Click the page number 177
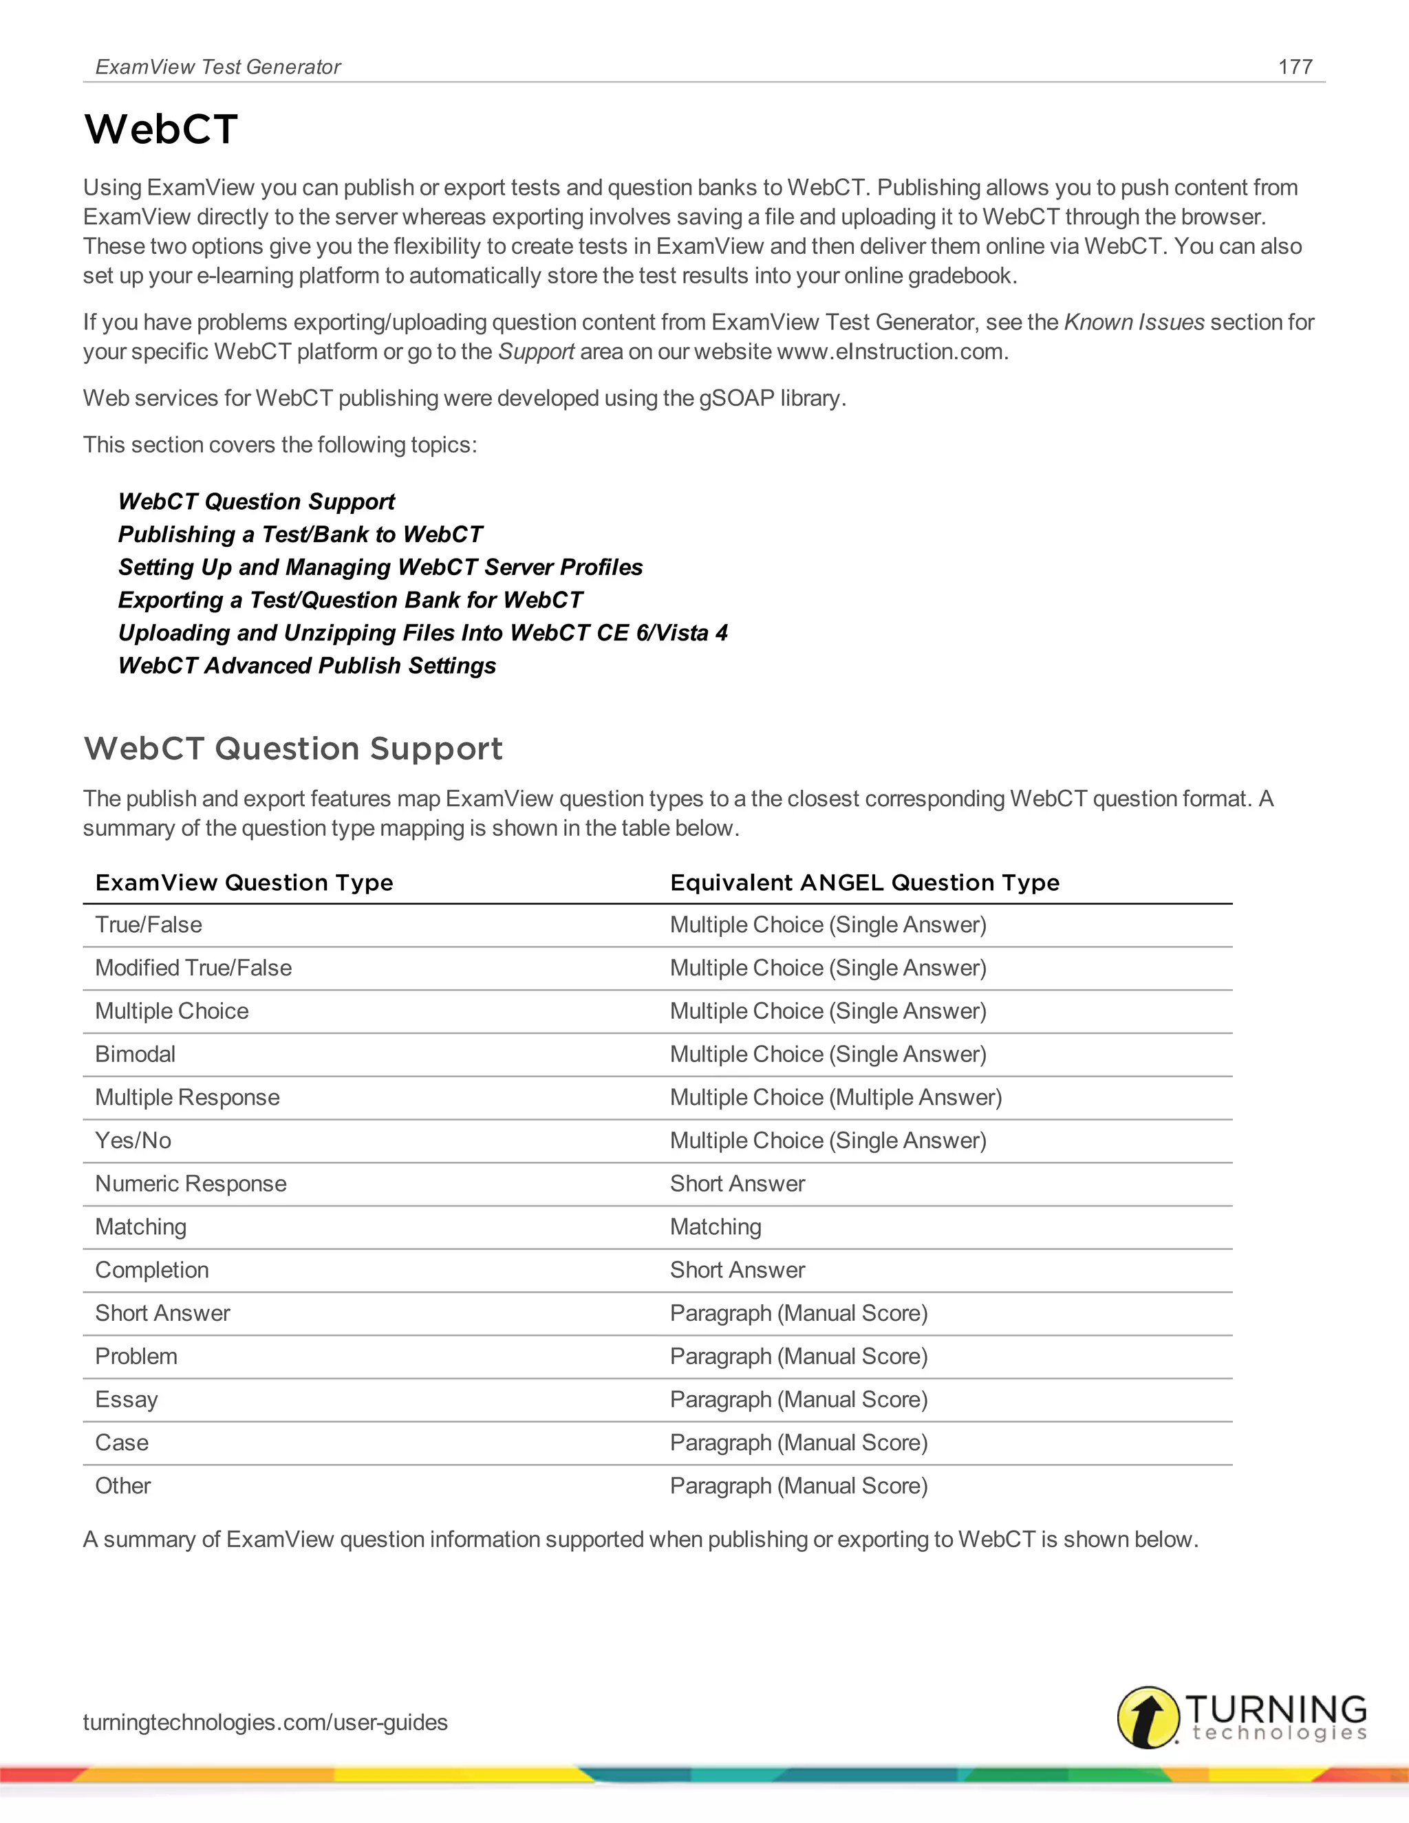pos(1295,67)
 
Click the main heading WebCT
pos(161,129)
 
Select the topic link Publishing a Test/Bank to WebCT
pos(301,535)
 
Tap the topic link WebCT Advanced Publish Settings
pos(307,665)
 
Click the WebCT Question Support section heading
pos(293,748)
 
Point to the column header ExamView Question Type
pos(244,883)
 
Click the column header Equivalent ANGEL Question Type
pos(864,883)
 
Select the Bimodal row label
pos(136,1054)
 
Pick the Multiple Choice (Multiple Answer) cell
pos(835,1098)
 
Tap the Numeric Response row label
pos(191,1184)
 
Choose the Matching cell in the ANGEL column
pos(716,1227)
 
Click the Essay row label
pos(126,1400)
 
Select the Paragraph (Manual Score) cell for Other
pos(799,1486)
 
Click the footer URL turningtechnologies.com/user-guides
pos(265,1722)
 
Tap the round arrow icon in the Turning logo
pos(1148,1717)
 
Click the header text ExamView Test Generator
pos(218,67)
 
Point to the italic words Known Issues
pos(1134,322)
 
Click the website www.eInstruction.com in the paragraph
pos(889,352)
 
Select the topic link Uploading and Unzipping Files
pos(422,633)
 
